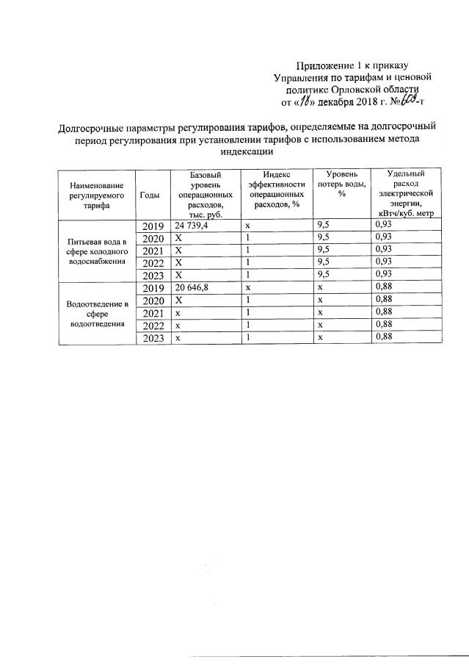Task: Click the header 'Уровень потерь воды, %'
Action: pyautogui.click(x=341, y=184)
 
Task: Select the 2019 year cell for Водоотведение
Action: pyautogui.click(x=153, y=289)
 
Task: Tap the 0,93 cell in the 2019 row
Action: pyautogui.click(x=383, y=224)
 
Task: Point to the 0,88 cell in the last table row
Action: pyautogui.click(x=383, y=337)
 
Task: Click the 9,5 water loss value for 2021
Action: pyautogui.click(x=324, y=250)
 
